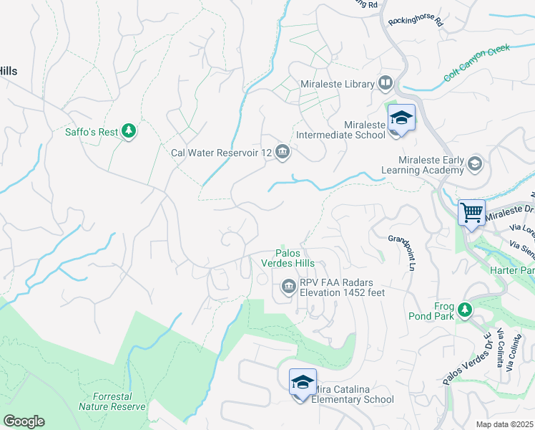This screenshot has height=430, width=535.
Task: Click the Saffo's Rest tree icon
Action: coord(129,130)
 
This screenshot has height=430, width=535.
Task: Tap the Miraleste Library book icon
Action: coord(386,84)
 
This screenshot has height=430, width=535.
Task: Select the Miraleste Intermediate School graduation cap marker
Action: coord(401,119)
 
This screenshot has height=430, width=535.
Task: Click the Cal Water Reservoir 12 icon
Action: coord(283,151)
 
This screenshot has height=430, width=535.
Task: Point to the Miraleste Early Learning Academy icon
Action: coord(474,165)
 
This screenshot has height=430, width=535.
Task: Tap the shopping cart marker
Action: coord(471,213)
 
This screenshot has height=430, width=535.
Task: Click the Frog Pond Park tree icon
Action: coord(466,310)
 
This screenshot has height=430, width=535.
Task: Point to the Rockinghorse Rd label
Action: coord(416,21)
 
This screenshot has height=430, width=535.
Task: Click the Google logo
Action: coord(24,421)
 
